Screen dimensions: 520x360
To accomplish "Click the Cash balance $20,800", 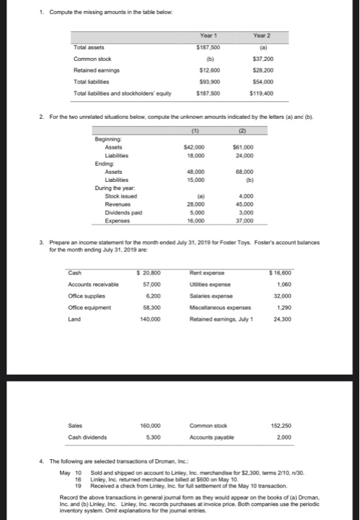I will [150, 274].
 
